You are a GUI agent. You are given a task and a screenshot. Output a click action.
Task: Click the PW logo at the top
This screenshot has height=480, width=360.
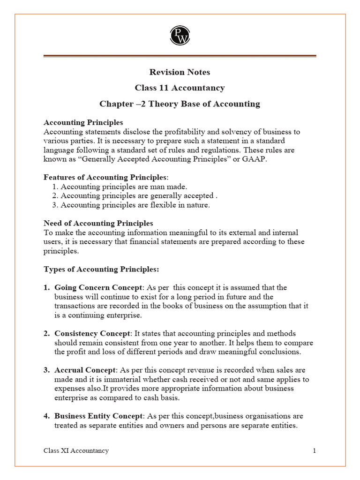click(x=180, y=35)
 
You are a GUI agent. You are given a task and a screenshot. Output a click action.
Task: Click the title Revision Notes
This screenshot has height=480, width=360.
click(x=180, y=72)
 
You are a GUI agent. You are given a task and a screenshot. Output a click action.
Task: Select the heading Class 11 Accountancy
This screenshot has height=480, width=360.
click(x=180, y=88)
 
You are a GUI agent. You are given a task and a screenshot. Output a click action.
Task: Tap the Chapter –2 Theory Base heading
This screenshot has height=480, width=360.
click(x=180, y=104)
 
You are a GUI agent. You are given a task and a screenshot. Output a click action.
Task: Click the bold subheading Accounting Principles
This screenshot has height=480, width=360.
click(x=83, y=123)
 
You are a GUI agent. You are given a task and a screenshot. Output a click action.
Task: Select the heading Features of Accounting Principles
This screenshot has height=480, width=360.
click(x=105, y=177)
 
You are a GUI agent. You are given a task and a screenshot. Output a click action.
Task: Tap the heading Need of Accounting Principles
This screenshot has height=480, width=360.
click(x=98, y=223)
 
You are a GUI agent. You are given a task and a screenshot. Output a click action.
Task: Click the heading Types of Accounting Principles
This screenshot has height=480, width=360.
click(x=101, y=269)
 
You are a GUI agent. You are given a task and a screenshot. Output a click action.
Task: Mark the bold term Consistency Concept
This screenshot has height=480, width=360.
click(x=92, y=333)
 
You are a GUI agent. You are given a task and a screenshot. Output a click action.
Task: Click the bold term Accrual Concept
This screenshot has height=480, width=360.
click(x=85, y=370)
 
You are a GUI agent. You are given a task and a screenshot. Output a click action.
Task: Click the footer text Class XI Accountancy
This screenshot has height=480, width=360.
click(x=76, y=450)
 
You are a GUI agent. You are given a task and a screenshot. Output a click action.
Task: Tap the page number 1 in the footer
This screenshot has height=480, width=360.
click(x=315, y=450)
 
